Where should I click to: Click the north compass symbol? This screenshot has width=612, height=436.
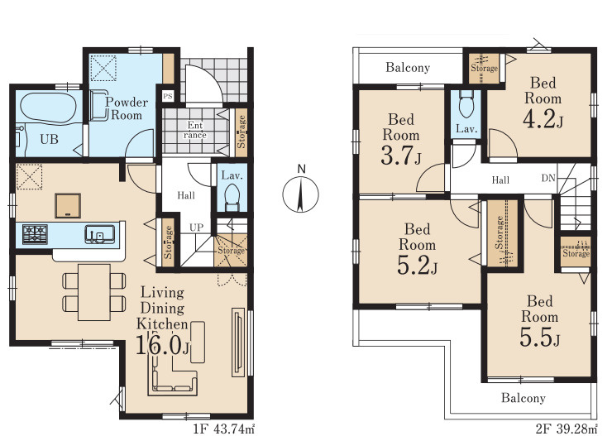pos(300,194)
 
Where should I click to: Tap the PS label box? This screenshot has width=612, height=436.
pos(167,96)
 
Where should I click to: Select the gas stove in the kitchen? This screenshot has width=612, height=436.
pos(35,234)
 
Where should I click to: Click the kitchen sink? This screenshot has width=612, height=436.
pos(100,234)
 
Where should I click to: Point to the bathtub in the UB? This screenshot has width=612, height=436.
pos(48,107)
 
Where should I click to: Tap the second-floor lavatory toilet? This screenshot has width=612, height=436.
pos(466,103)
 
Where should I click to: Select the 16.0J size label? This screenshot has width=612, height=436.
pos(162,345)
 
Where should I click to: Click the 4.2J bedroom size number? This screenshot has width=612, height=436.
pos(543,119)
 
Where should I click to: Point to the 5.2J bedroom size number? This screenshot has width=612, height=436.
pos(417,266)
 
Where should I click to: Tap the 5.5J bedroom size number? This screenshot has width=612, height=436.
pos(540,338)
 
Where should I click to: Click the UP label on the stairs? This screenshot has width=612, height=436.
pos(196,228)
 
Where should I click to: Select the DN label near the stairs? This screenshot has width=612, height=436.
pos(548,178)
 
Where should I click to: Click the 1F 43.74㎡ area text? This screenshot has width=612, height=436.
pos(224,429)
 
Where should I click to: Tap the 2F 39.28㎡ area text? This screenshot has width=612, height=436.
pos(567,429)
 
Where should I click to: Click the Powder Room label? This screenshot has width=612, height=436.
pos(127,108)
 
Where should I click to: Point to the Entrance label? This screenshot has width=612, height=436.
pos(194,130)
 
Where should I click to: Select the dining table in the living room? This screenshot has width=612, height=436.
pos(93,292)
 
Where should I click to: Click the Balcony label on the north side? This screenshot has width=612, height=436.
pos(408,68)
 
